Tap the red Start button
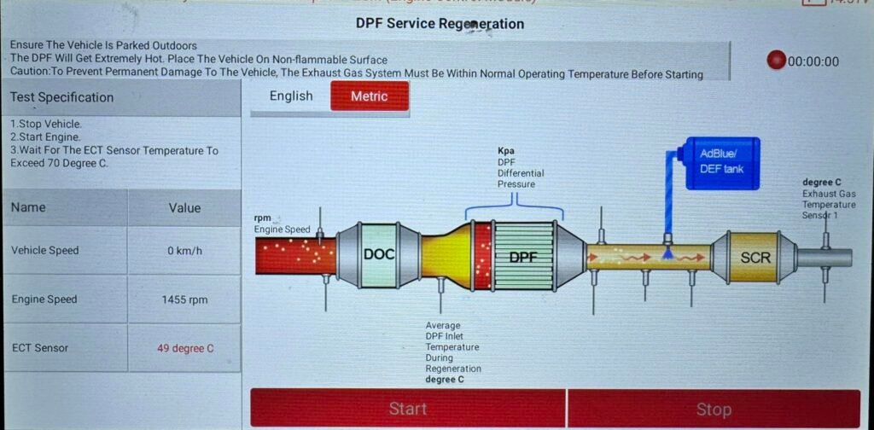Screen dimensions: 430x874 coord(408,409)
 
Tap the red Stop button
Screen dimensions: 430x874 coord(714,409)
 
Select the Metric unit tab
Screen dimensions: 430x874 coord(369,96)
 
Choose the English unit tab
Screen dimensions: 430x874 coord(291,96)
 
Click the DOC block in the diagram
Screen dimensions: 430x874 coord(380,253)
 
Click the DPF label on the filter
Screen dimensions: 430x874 coord(524,256)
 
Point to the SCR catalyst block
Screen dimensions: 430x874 coord(755,254)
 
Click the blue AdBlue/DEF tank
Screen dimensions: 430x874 coord(722,162)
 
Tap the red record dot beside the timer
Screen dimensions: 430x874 coord(775,61)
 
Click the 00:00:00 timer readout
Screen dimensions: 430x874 coord(813,61)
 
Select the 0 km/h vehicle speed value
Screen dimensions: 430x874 coord(184,251)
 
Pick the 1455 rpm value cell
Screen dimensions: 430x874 coord(184,299)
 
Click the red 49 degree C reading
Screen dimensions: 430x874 coord(184,348)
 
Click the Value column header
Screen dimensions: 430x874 coord(184,207)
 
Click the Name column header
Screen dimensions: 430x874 coord(28,207)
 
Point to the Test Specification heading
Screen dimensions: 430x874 coord(61,97)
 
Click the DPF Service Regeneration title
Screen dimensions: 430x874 coord(440,23)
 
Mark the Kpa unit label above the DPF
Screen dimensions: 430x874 coord(506,151)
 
